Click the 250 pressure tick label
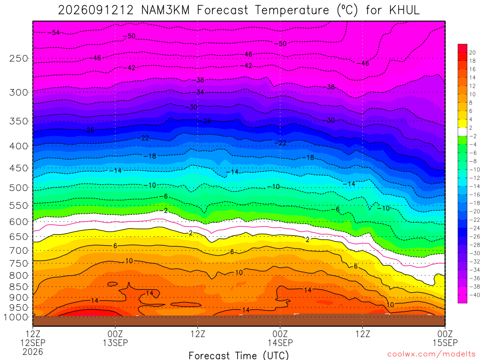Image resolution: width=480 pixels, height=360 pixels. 19,58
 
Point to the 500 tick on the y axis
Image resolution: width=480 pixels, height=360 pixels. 19,187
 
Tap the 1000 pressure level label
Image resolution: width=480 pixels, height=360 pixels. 16,317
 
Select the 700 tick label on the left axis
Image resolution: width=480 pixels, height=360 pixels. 19,251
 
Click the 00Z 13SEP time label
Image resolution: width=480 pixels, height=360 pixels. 115,338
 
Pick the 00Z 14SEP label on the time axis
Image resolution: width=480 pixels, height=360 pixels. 280,338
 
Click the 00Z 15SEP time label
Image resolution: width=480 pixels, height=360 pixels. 445,338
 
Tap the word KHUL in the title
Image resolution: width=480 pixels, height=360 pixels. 405,10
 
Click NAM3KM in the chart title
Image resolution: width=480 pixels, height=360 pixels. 165,10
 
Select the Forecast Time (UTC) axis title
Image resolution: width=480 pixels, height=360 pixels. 239,355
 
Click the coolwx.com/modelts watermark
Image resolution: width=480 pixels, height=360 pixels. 431,354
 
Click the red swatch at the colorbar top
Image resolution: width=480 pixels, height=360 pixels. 462,48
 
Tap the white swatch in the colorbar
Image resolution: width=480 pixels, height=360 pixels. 462,132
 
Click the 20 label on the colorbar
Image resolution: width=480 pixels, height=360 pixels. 472,52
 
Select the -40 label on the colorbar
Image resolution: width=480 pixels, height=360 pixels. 474,295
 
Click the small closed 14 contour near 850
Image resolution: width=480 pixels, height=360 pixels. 112,284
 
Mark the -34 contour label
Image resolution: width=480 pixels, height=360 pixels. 200,92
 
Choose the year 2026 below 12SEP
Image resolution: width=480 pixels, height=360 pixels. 33,352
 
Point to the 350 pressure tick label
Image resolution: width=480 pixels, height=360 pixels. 19,121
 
